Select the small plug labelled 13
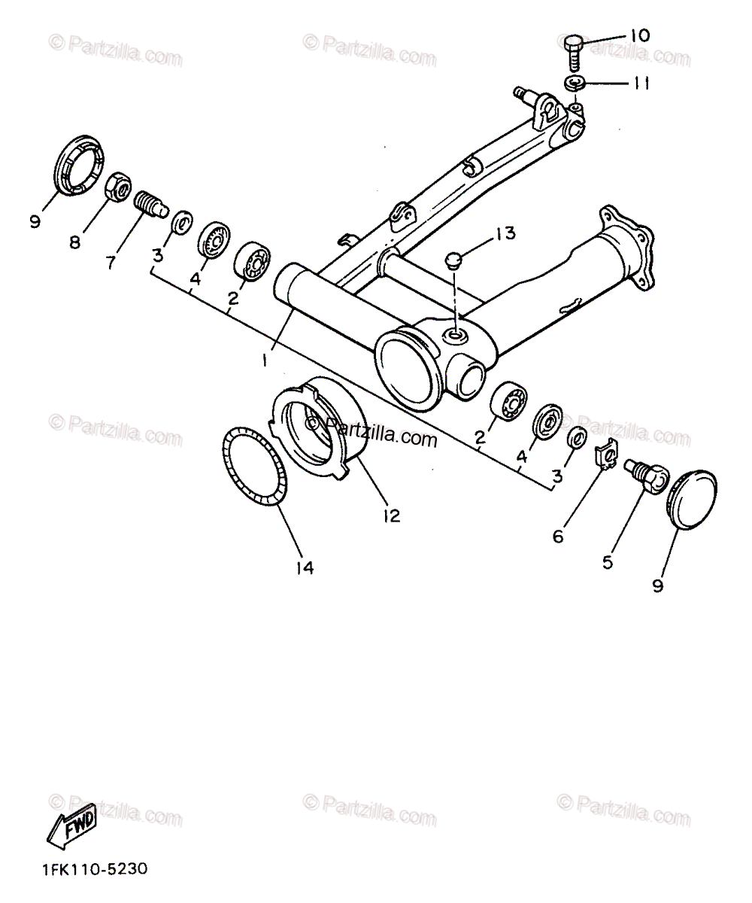pos(453,260)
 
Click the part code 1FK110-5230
pos(89,868)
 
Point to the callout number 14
pos(304,567)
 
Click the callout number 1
pos(264,360)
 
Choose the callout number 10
pos(639,35)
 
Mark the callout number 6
pos(557,536)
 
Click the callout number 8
pos(74,242)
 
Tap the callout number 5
pos(608,561)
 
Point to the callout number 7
pos(111,263)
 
